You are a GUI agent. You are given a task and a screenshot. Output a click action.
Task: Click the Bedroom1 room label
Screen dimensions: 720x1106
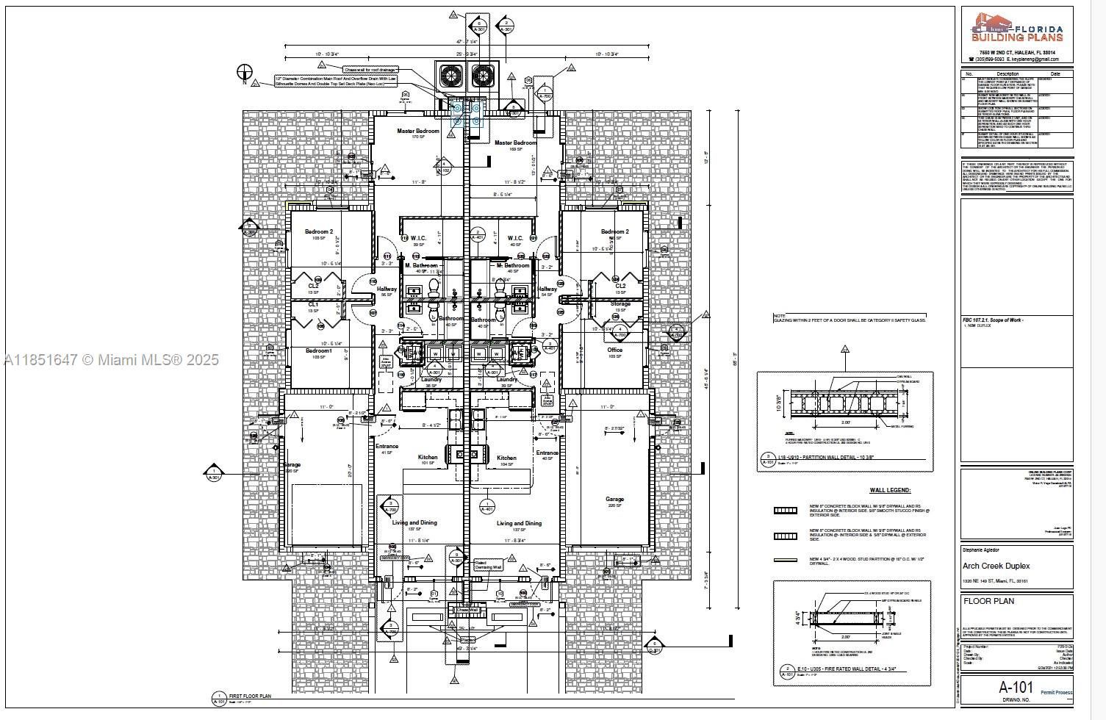tap(319, 350)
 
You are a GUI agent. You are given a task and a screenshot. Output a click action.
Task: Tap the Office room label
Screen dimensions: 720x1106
tap(614, 350)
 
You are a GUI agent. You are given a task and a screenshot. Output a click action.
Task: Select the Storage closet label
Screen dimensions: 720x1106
tap(620, 303)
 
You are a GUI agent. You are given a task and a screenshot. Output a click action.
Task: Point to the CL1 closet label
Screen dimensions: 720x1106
tap(313, 304)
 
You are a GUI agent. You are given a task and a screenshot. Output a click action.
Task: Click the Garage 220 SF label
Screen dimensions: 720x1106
tap(614, 500)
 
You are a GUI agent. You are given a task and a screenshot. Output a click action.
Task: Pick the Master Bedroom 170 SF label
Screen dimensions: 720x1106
tap(417, 132)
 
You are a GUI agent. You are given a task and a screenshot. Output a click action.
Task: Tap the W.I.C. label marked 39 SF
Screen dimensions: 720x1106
tap(419, 238)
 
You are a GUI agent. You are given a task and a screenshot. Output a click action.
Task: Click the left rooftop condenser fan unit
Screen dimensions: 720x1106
tap(450, 76)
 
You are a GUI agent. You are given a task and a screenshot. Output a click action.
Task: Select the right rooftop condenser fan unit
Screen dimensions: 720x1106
tap(483, 76)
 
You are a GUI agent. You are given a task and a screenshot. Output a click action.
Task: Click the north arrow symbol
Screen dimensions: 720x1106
tap(245, 72)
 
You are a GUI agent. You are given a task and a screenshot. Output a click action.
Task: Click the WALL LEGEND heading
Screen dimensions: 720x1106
tap(890, 490)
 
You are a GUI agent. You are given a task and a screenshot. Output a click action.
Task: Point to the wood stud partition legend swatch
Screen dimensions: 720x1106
tap(785, 561)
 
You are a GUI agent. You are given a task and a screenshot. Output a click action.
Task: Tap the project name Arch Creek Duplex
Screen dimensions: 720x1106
tap(996, 566)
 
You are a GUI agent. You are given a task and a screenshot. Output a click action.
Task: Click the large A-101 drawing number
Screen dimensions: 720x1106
tap(1016, 688)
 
